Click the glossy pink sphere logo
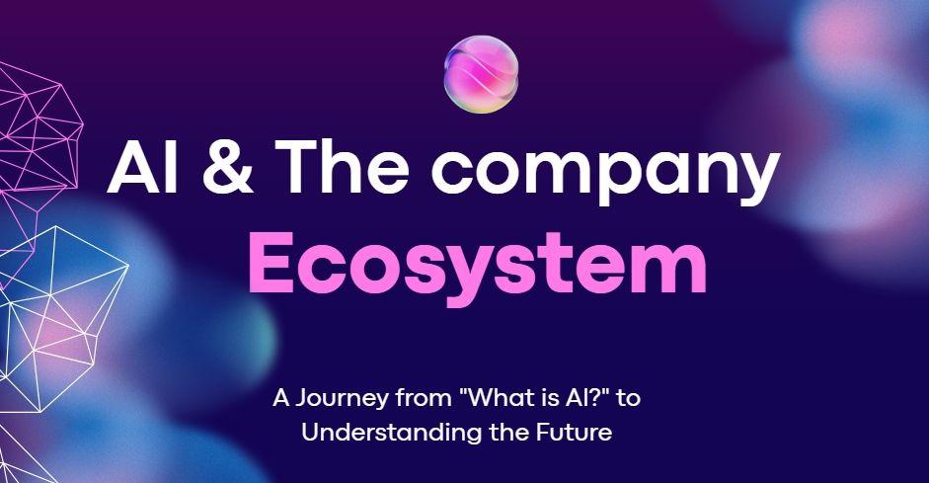point(482,75)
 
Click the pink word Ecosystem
point(477,263)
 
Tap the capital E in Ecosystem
point(269,263)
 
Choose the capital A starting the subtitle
point(280,400)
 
